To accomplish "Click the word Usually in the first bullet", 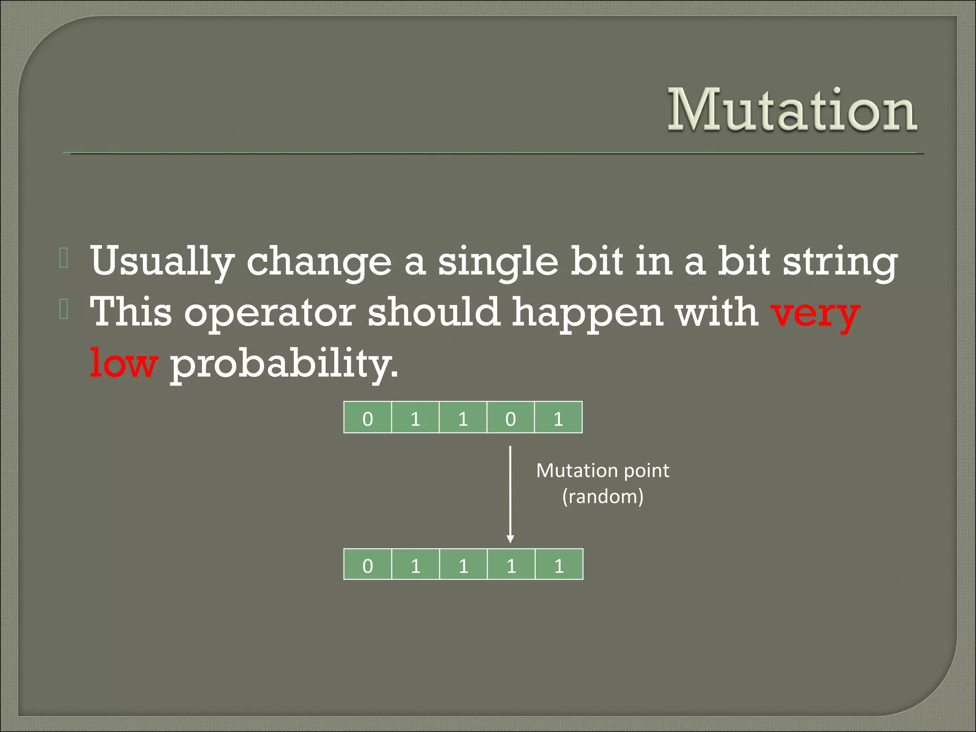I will point(162,262).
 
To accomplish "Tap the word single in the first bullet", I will point(498,262).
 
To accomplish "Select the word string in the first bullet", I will point(840,262).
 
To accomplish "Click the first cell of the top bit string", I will point(367,418).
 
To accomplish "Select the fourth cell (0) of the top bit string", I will point(510,418).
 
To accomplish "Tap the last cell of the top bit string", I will point(559,418).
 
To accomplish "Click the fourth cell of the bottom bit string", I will point(511,565).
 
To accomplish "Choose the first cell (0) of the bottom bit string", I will point(367,565).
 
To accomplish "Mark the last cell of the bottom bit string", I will point(559,565).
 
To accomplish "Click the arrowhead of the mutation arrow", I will point(510,539).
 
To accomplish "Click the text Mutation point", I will point(602,471).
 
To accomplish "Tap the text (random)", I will point(602,497).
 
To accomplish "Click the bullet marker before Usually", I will point(64,258).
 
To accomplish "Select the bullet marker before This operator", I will point(64,310).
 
